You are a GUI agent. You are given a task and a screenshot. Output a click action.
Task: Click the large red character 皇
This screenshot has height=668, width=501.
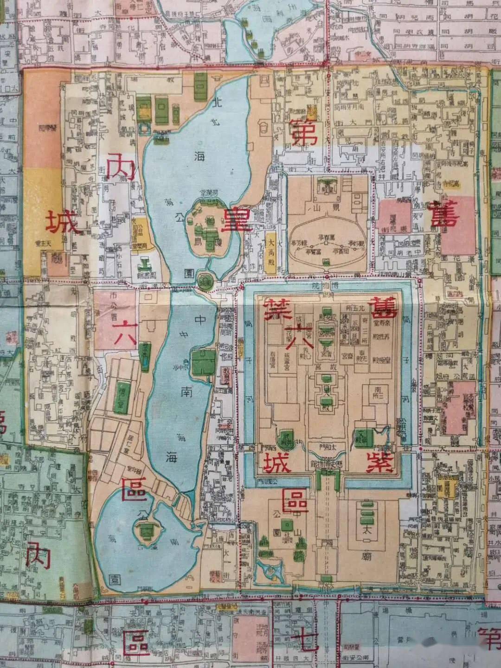coord(237,220)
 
